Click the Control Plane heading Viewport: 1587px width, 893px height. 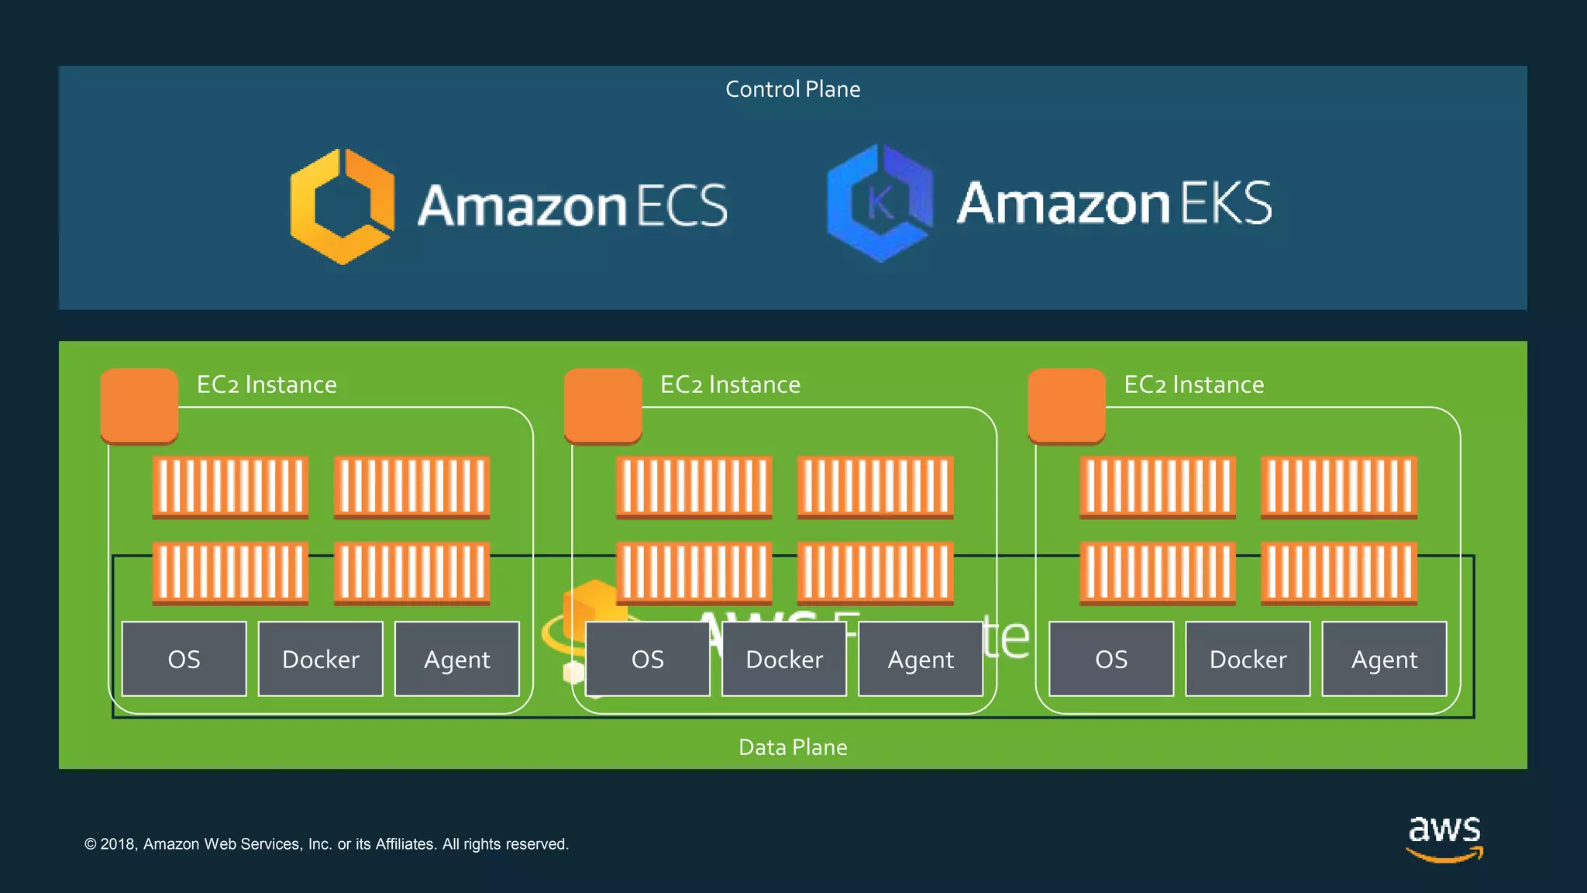click(x=793, y=89)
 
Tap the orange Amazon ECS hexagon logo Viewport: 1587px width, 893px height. click(x=342, y=206)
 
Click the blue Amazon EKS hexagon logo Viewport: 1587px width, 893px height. click(x=880, y=203)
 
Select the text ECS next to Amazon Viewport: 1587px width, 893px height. click(x=683, y=206)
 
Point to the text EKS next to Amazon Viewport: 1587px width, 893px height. click(x=1227, y=203)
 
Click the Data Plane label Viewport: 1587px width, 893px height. click(x=793, y=747)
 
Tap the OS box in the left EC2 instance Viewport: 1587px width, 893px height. click(x=184, y=659)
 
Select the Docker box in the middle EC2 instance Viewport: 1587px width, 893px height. click(x=784, y=659)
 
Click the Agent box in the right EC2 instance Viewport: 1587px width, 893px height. click(x=1384, y=659)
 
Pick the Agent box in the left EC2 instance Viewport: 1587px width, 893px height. click(x=457, y=659)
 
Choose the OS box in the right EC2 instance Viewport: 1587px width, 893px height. click(x=1111, y=659)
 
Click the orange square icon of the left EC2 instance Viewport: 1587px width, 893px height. click(x=139, y=405)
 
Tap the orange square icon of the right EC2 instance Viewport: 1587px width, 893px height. click(x=1066, y=405)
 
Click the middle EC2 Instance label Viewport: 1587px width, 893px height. click(x=730, y=384)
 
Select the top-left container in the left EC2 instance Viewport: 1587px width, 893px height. click(x=231, y=487)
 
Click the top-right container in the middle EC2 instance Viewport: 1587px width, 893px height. click(x=876, y=487)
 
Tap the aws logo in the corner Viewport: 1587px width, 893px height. click(x=1444, y=837)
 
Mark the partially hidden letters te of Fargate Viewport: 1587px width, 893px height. click(x=1007, y=637)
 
